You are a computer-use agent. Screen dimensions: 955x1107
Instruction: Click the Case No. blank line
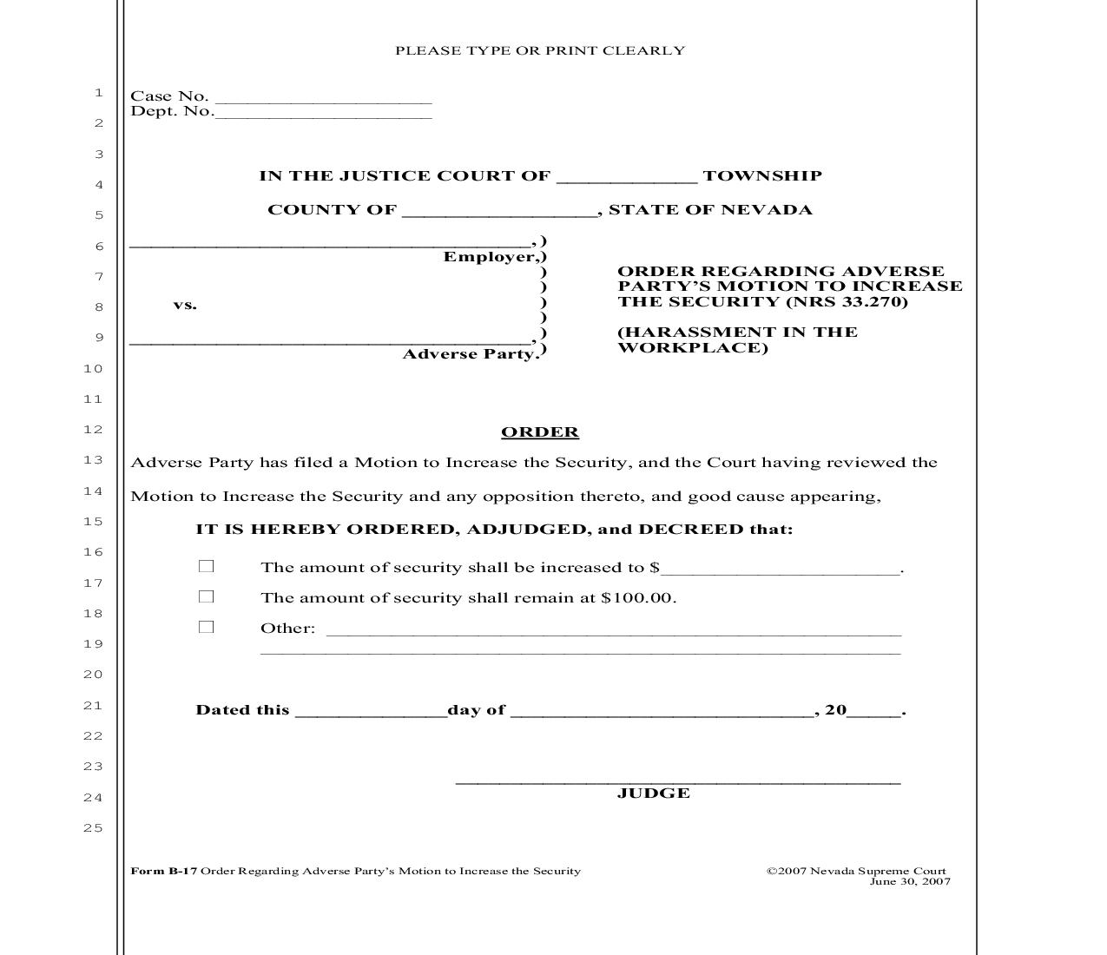[323, 99]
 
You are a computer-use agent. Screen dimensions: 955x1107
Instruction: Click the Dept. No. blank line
[323, 114]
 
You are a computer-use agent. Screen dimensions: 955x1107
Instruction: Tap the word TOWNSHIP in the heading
[762, 176]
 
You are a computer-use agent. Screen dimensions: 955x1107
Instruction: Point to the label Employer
[491, 257]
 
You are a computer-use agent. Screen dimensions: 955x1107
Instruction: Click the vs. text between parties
[185, 305]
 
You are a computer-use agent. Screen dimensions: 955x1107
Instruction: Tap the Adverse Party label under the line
[470, 354]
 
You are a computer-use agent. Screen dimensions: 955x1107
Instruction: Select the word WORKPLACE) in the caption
[693, 348]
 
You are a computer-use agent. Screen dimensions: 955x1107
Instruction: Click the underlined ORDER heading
[539, 432]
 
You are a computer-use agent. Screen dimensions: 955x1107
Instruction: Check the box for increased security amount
[206, 566]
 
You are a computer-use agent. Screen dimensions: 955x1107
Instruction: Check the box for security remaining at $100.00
[206, 596]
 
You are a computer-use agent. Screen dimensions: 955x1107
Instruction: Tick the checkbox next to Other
[206, 627]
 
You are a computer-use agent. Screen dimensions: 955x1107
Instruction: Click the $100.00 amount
[637, 598]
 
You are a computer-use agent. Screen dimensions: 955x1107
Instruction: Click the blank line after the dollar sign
[781, 570]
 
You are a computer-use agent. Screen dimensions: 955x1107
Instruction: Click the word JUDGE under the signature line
[654, 794]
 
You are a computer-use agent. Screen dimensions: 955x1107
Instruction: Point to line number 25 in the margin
[93, 828]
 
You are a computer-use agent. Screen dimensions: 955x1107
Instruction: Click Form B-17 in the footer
[164, 871]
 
